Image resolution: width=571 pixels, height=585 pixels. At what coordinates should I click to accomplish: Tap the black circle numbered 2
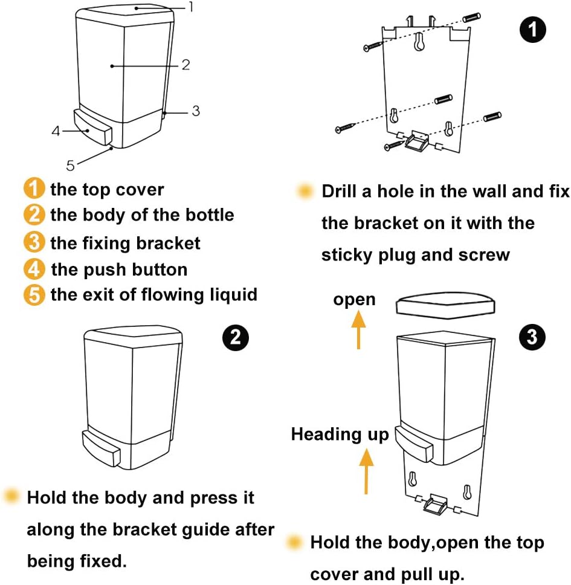[x=236, y=337]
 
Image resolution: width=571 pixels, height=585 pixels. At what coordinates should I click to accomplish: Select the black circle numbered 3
[x=532, y=337]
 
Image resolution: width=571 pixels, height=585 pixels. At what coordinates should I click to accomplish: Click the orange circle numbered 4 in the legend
[x=34, y=269]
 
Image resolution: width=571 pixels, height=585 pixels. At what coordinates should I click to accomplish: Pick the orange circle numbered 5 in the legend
[x=34, y=295]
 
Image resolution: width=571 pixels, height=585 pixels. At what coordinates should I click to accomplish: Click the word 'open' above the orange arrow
[x=354, y=299]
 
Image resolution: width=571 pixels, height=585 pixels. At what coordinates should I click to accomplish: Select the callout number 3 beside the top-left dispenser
[x=196, y=111]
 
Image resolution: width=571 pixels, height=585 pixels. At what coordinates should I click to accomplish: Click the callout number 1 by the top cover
[x=191, y=7]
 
